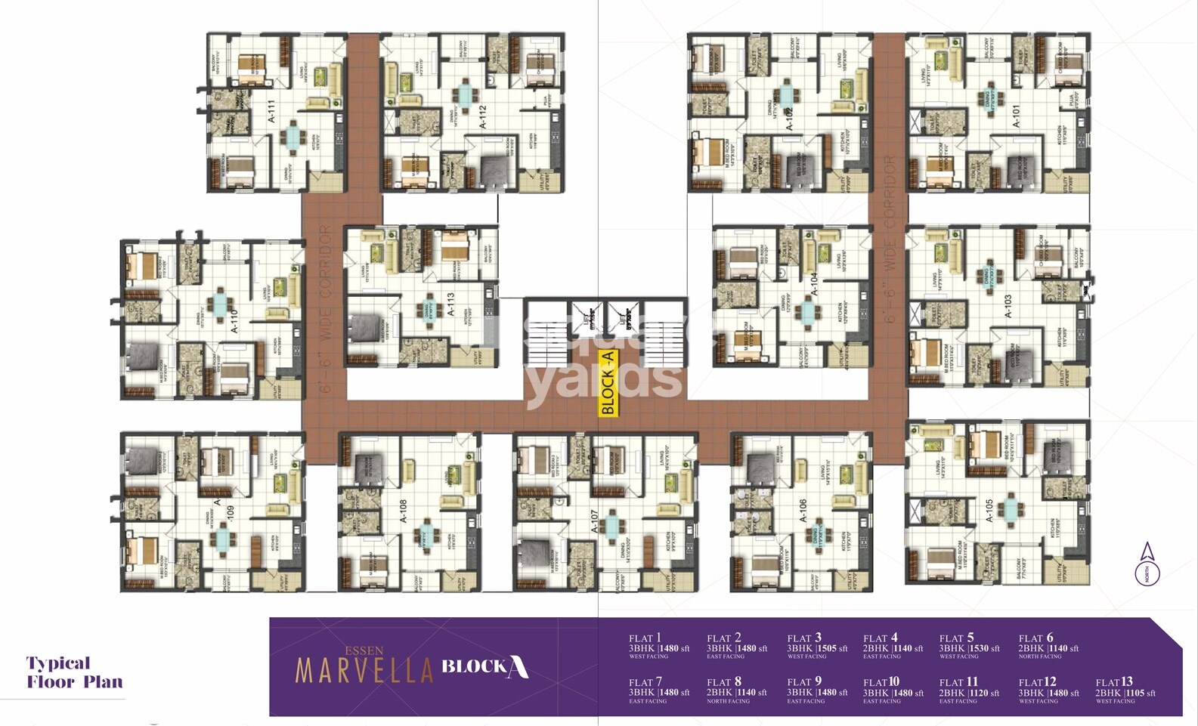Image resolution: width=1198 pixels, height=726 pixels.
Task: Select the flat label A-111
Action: point(272,111)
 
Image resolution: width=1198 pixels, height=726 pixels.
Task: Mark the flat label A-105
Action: point(989,511)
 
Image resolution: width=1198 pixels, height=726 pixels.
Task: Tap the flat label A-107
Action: point(594,521)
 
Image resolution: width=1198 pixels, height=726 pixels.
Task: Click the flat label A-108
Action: point(403,511)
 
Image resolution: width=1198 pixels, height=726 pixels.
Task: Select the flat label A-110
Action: point(234,321)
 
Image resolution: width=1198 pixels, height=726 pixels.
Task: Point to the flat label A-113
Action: point(450,304)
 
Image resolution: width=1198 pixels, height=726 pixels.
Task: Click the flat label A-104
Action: point(813,283)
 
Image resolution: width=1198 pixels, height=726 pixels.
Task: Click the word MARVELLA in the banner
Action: point(364,670)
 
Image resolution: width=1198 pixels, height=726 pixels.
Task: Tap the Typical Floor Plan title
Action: point(74,672)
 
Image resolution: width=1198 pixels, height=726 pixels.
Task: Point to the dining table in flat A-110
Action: point(219,302)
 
